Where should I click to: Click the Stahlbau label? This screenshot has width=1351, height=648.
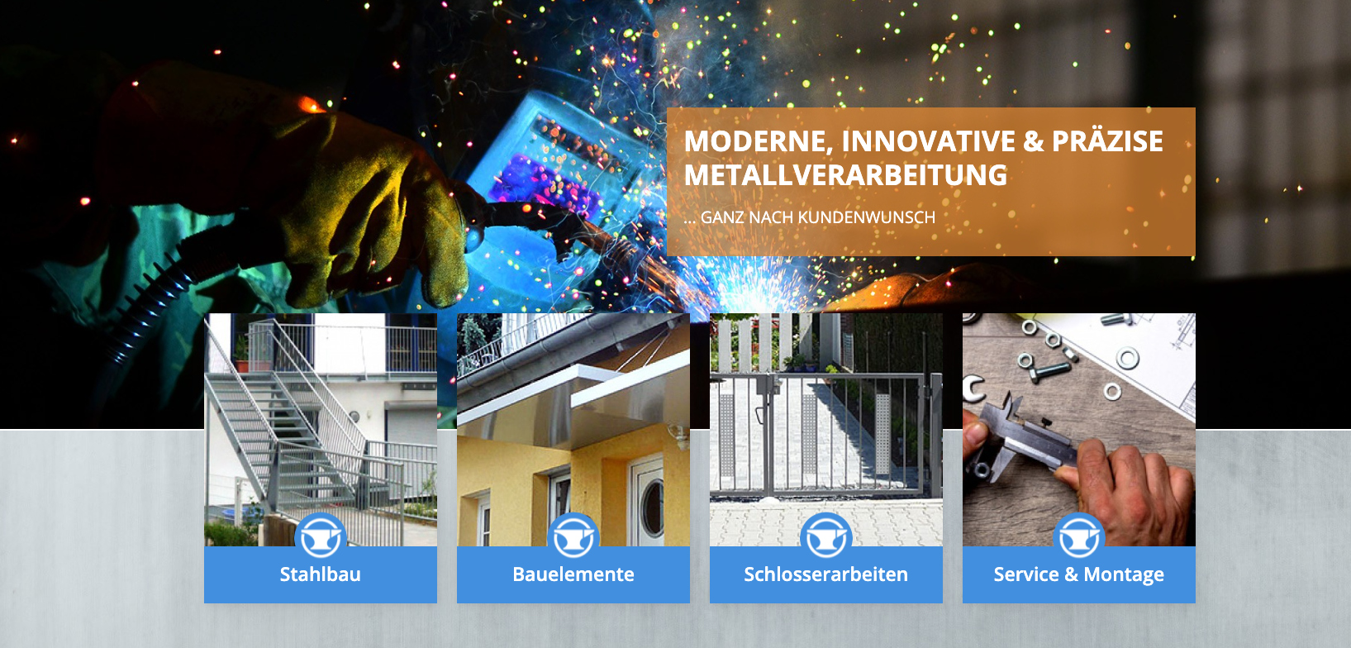pyautogui.click(x=321, y=574)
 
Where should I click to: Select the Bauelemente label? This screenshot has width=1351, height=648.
pyautogui.click(x=573, y=574)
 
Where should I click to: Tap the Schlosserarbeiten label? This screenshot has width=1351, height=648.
pyautogui.click(x=825, y=574)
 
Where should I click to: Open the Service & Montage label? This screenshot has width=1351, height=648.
pyautogui.click(x=1078, y=574)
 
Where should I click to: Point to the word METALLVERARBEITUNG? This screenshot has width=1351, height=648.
pyautogui.click(x=845, y=175)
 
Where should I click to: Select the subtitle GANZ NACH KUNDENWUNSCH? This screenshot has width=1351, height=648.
pyautogui.click(x=818, y=217)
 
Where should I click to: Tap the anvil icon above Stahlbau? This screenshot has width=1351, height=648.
pyautogui.click(x=321, y=536)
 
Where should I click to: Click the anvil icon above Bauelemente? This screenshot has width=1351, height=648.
pyautogui.click(x=573, y=536)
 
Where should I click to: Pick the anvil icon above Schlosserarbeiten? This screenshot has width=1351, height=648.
pyautogui.click(x=825, y=536)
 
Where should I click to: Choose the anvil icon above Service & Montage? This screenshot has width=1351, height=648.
pyautogui.click(x=1078, y=536)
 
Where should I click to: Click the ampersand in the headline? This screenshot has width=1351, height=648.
pyautogui.click(x=1033, y=142)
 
